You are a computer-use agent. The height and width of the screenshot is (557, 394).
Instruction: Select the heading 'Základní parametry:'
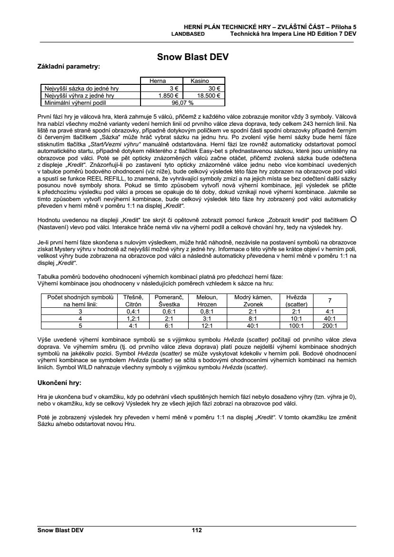[x=69, y=67]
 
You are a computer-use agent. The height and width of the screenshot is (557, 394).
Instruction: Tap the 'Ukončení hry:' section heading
[x=59, y=382]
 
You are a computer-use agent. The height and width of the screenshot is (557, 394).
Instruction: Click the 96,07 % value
[x=182, y=102]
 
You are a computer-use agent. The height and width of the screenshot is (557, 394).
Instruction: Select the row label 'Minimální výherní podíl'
[x=73, y=102]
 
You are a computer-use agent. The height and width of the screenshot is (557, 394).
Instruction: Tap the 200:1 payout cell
[x=329, y=326]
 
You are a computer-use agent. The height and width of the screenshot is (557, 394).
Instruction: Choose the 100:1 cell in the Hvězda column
[x=297, y=326]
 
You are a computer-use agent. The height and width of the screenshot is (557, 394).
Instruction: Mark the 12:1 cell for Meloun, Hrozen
[x=207, y=326]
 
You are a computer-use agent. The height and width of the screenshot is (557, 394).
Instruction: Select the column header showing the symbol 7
[x=329, y=300]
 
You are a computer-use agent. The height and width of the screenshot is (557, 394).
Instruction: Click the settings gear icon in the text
[x=353, y=219]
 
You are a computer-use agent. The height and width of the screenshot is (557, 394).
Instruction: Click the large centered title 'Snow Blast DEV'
[x=193, y=57]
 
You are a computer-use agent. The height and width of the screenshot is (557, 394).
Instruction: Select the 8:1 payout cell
[x=253, y=318]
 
